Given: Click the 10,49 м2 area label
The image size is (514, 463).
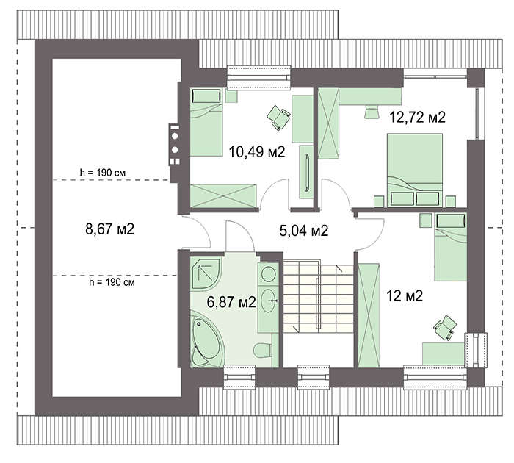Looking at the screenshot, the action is point(257,152).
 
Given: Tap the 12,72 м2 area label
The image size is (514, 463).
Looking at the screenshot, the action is point(417,117).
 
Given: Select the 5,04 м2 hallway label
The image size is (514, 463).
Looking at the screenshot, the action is point(304,231).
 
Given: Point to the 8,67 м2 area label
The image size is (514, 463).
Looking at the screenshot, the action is point(110,229).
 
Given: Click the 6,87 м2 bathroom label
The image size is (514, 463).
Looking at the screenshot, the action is point(231,302).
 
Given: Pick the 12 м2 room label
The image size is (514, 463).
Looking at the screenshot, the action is point(405,296).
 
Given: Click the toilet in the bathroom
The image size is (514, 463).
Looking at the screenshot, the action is point(263,350).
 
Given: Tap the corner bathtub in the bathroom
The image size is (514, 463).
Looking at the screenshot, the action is point(207,341).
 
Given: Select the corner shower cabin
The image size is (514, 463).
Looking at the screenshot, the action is point(206,273).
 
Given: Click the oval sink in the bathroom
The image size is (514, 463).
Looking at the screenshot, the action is point(269,301).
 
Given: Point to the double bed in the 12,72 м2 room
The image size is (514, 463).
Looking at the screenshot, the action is point(415,170).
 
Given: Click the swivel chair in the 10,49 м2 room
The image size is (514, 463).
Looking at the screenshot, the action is point(278,118).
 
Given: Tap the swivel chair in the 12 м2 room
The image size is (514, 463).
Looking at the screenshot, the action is point(445,328).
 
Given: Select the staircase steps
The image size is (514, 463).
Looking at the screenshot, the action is point(318,295).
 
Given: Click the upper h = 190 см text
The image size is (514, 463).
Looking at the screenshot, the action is point(103,173).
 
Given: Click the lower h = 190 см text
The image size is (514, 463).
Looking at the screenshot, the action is point(112,282).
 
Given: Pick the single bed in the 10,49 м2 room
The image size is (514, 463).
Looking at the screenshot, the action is point(206,122).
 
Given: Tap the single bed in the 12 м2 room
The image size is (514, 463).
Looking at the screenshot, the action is point(450,247).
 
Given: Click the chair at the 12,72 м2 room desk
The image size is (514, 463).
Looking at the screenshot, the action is point(371,111).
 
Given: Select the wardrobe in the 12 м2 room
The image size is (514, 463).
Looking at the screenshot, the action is point(369,315).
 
